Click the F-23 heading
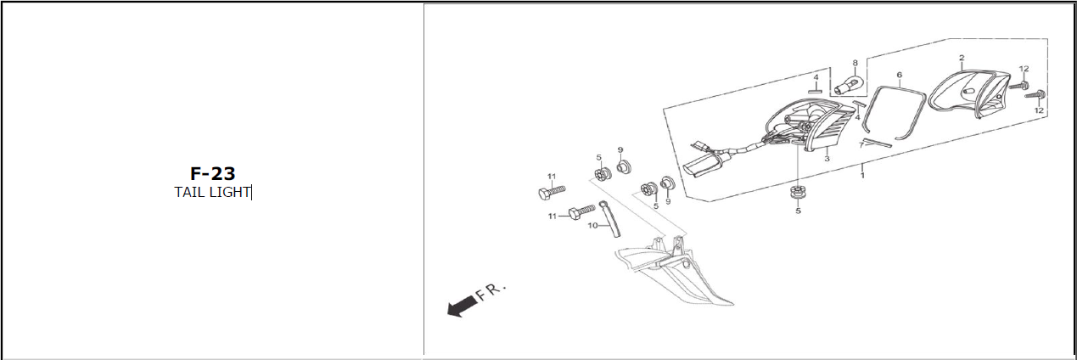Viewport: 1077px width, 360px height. tap(212, 173)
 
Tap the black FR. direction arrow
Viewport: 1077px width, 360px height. tap(462, 307)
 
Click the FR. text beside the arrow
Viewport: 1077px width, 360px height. tap(491, 291)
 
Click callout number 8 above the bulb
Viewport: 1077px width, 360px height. tap(855, 63)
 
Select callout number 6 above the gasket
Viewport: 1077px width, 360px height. tap(899, 75)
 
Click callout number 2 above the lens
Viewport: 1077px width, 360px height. tap(962, 58)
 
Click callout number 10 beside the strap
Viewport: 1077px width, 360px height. tap(592, 226)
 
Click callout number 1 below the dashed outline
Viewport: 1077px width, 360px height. tap(862, 176)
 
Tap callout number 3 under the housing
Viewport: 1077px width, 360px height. tap(827, 159)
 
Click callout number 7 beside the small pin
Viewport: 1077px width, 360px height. tap(861, 145)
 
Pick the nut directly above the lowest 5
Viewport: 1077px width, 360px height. tap(798, 191)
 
